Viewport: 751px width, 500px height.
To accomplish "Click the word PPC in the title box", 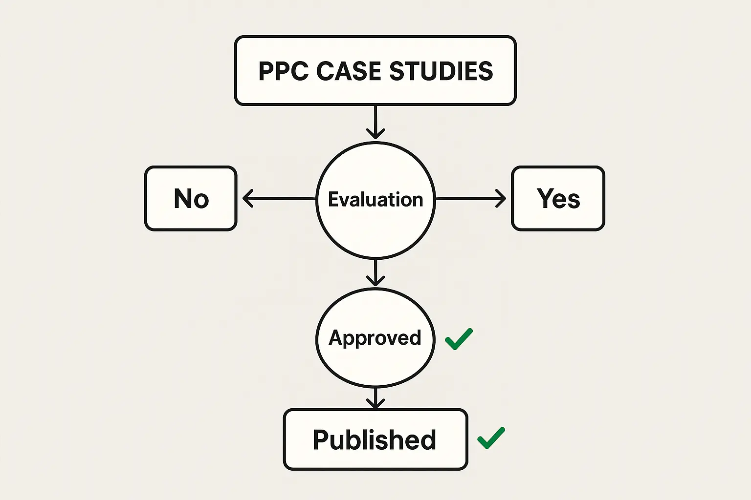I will click(x=284, y=71).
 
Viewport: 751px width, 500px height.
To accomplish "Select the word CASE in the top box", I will click(x=349, y=71).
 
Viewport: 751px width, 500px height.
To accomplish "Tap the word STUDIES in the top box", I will click(x=441, y=71).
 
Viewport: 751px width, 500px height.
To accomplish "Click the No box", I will click(x=191, y=198).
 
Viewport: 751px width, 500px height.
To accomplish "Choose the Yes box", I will click(x=558, y=198).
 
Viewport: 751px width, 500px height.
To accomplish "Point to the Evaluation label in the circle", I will click(x=375, y=200).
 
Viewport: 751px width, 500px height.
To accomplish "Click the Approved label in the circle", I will click(x=375, y=338).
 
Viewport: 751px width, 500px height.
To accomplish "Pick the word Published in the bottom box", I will click(x=375, y=440).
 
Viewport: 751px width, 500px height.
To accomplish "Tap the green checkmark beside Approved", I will click(x=459, y=339).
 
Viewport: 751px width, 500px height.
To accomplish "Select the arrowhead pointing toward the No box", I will click(x=247, y=199).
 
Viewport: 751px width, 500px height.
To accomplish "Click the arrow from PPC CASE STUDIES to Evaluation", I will click(x=375, y=122).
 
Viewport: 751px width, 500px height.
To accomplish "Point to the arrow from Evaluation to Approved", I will click(x=375, y=272).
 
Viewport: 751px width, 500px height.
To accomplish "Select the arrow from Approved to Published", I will click(x=375, y=397).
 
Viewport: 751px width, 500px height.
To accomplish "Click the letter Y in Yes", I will click(x=545, y=198).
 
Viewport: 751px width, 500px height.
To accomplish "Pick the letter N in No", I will click(x=183, y=199).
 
